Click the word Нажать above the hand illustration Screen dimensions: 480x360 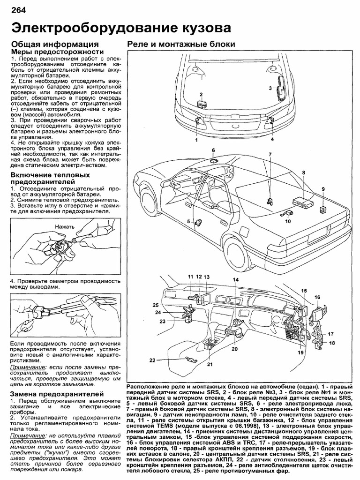click(x=64, y=226)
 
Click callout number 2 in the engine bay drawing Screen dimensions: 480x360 click(x=201, y=94)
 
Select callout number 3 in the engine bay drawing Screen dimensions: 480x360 click(x=270, y=88)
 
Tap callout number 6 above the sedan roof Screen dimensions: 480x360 click(x=213, y=150)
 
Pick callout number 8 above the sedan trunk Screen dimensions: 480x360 click(x=304, y=172)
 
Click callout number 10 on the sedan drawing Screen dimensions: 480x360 click(x=288, y=221)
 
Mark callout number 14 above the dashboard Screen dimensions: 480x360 click(x=235, y=280)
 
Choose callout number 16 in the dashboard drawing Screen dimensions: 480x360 click(x=317, y=297)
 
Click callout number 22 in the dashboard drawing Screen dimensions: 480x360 click(x=152, y=360)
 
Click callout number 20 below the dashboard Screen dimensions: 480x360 click(x=235, y=349)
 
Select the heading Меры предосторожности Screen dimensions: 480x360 click(x=56, y=52)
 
